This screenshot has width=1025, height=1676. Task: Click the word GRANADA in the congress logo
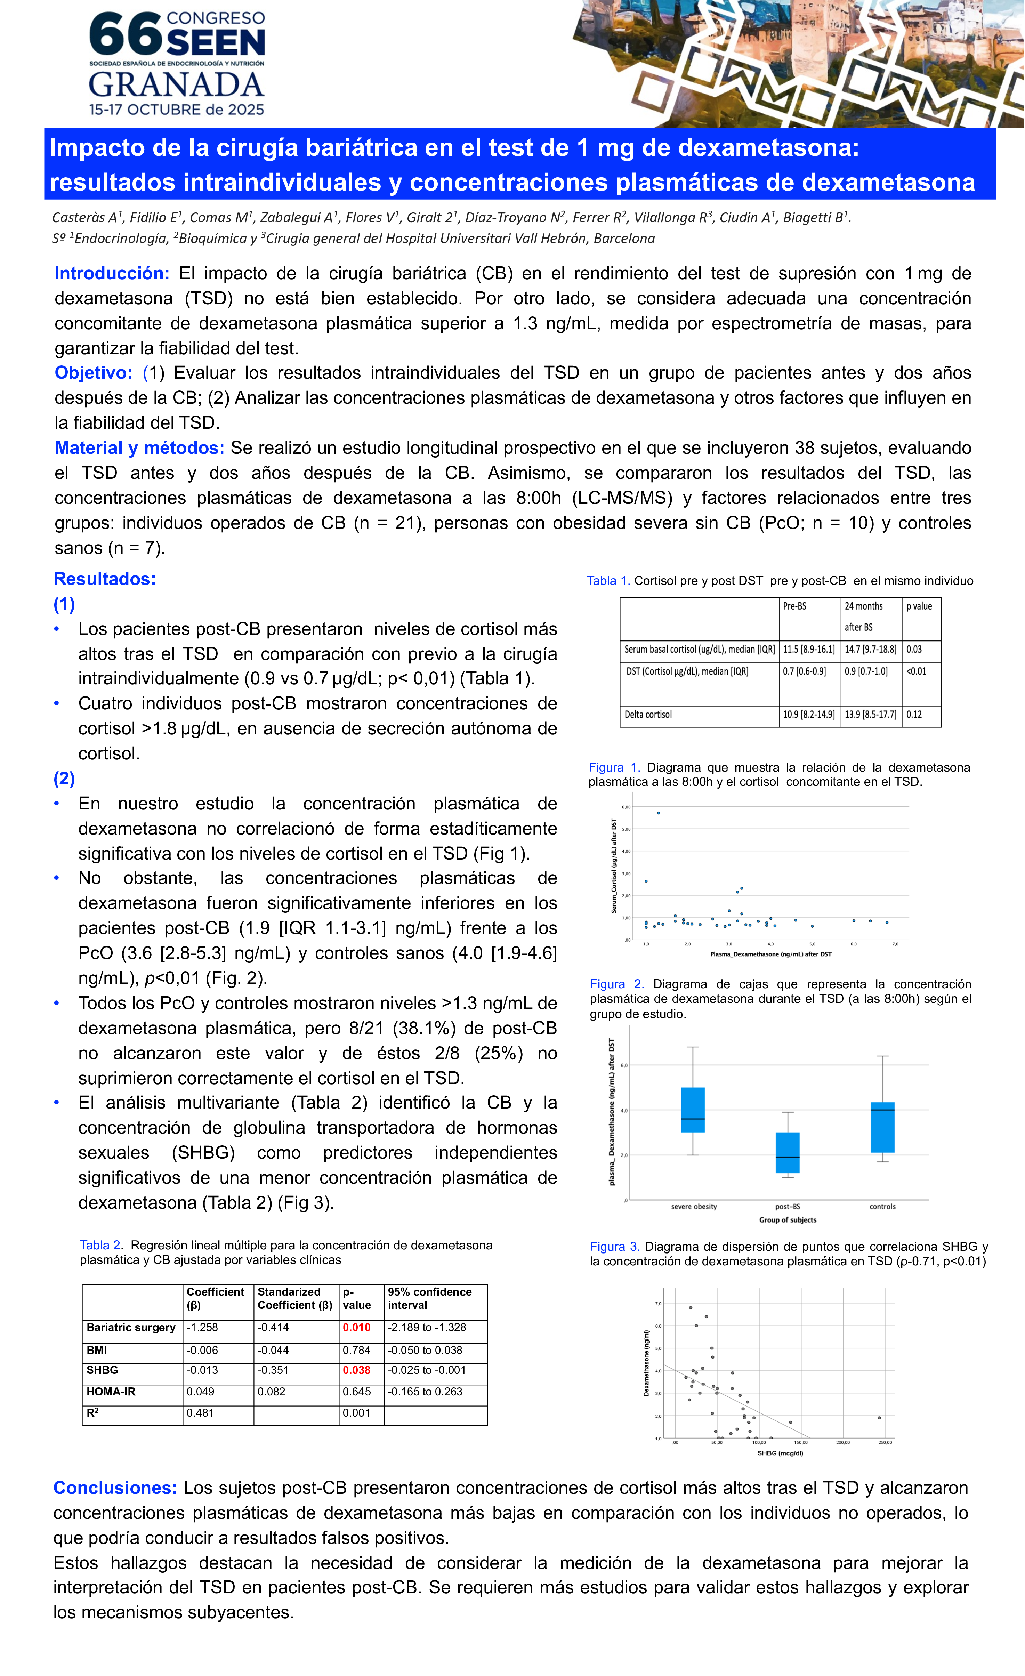176,86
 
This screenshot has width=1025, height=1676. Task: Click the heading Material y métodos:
139,448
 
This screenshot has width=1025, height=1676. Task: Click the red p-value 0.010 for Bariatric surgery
356,1327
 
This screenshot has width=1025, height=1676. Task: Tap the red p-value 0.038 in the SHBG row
356,1370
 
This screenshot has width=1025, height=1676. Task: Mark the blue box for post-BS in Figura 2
788,1152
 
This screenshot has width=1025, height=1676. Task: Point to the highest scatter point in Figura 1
659,813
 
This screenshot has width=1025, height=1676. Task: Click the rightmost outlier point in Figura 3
879,1418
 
